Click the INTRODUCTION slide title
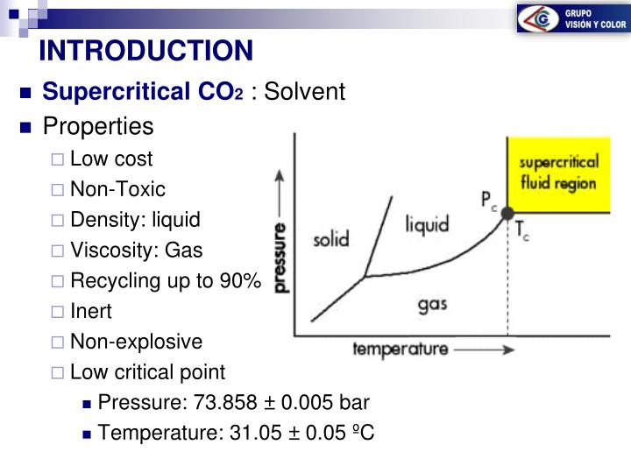(x=145, y=50)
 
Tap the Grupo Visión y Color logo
(x=571, y=19)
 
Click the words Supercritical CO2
(x=144, y=92)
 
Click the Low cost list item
(x=111, y=159)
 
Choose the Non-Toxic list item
(x=117, y=189)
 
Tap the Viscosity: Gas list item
(x=136, y=251)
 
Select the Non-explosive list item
(x=136, y=342)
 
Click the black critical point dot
(x=507, y=213)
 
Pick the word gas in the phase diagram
(x=433, y=305)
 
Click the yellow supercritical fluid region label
(x=557, y=173)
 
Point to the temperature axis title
(x=400, y=349)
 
